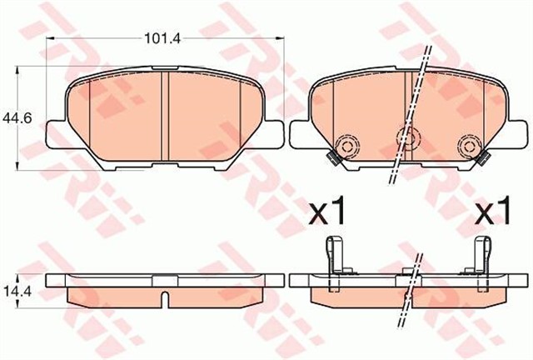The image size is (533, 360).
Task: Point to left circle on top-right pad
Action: (346, 147)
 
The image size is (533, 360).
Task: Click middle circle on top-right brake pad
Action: (407, 138)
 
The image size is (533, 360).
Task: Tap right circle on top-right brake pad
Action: (466, 147)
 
